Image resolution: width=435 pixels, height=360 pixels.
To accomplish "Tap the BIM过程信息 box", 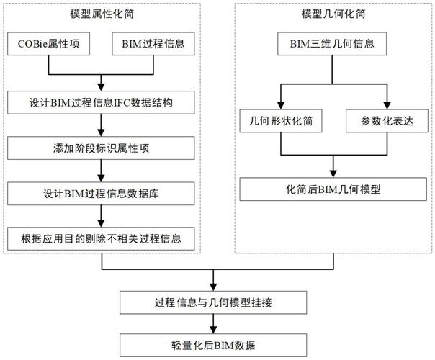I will (x=153, y=45).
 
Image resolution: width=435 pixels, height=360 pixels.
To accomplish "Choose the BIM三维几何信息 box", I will (x=331, y=45).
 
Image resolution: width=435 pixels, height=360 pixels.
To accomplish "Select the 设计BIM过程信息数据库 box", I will (x=101, y=193).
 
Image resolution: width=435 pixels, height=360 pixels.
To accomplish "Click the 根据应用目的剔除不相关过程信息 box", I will (x=101, y=238).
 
